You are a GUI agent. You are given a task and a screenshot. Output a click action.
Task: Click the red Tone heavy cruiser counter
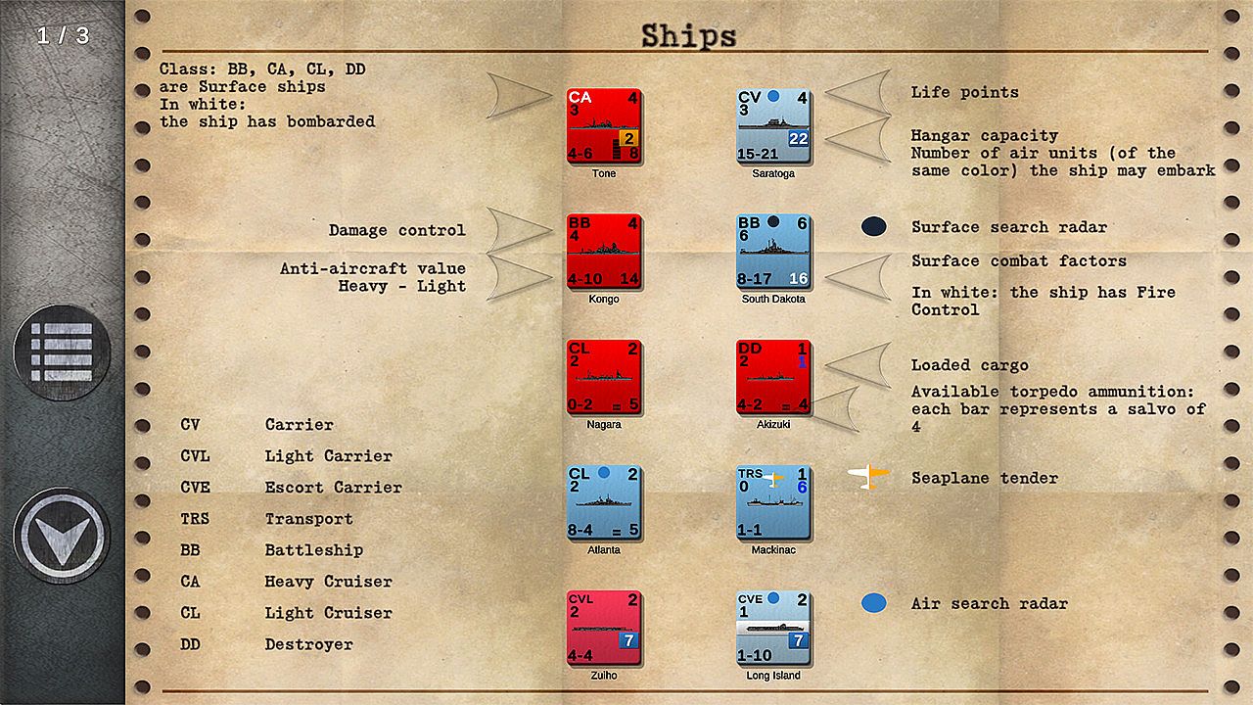(604, 125)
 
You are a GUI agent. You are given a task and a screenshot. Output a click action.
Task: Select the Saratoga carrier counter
(773, 125)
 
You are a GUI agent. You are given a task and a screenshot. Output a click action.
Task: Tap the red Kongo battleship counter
(604, 251)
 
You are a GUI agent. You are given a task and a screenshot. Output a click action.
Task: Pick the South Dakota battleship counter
(773, 251)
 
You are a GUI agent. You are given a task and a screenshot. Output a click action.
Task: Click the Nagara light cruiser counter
(604, 376)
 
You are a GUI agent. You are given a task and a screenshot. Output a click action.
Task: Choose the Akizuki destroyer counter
(773, 376)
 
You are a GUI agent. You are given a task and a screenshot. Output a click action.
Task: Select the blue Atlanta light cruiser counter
(604, 501)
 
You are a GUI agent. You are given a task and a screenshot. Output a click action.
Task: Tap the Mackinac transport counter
(773, 501)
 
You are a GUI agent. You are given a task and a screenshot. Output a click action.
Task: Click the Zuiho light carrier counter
(604, 627)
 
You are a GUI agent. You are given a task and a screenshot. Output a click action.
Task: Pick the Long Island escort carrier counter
(773, 627)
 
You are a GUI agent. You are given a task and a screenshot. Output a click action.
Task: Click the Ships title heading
(688, 36)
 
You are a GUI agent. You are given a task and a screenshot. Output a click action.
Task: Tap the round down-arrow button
(62, 535)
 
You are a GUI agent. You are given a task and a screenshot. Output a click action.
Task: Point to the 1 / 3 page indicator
(63, 36)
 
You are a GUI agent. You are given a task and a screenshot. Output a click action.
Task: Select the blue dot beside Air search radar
(873, 603)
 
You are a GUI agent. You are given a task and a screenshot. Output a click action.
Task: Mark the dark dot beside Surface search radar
(873, 227)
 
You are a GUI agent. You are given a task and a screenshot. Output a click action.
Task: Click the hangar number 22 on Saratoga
(799, 139)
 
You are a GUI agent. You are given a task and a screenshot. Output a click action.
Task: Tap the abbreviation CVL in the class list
(195, 456)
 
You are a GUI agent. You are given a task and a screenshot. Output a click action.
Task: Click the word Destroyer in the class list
(308, 644)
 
